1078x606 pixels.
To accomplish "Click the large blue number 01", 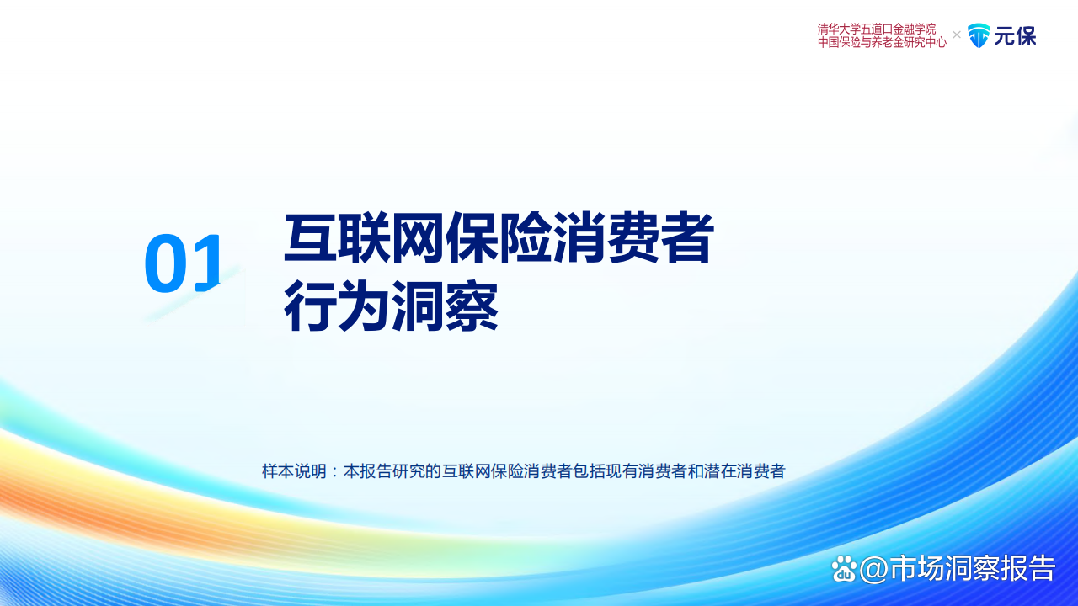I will coord(184,263).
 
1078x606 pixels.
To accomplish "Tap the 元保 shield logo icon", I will coord(979,35).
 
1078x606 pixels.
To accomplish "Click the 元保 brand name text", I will coord(1015,35).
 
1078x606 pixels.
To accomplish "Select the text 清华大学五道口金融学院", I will coord(877,29).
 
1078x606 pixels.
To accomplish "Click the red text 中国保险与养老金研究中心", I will coord(882,42).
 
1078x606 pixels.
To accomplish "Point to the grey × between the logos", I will coord(957,35).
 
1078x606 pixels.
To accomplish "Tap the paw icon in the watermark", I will coord(844,569).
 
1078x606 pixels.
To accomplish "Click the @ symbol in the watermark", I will coord(874,569).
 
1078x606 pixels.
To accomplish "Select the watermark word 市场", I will coord(919,569).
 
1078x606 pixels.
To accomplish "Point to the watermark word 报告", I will coord(1029,569).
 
